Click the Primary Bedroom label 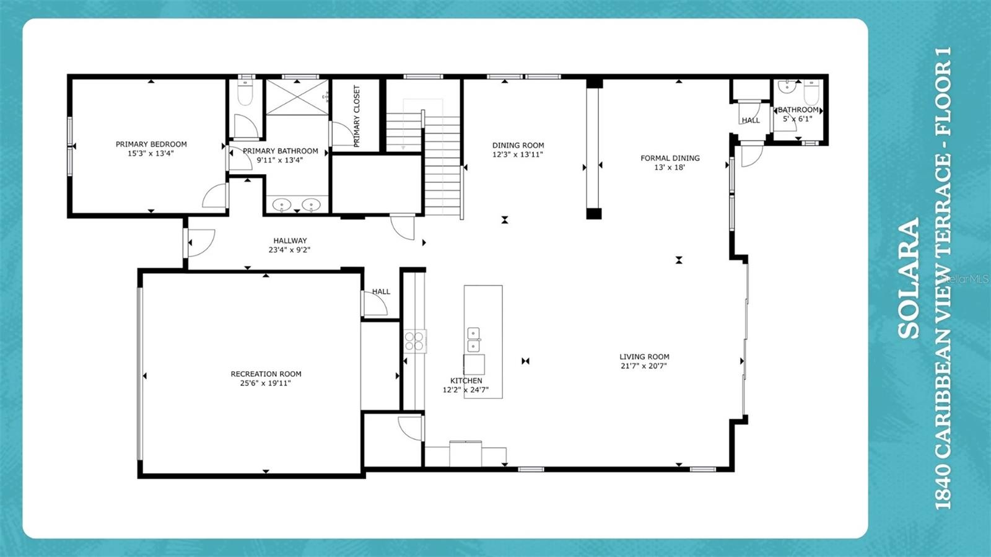pyautogui.click(x=151, y=144)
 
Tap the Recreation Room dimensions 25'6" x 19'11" pyautogui.click(x=266, y=384)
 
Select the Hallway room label pyautogui.click(x=290, y=241)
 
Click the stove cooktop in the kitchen pyautogui.click(x=414, y=341)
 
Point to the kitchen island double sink pyautogui.click(x=473, y=340)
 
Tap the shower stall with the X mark pyautogui.click(x=297, y=97)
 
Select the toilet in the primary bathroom pyautogui.click(x=245, y=93)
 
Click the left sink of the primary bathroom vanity pyautogui.click(x=282, y=204)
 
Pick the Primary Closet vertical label pyautogui.click(x=356, y=116)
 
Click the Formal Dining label pyautogui.click(x=670, y=158)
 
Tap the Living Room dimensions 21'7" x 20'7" pyautogui.click(x=644, y=366)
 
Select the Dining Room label pyautogui.click(x=518, y=146)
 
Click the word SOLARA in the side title pyautogui.click(x=909, y=279)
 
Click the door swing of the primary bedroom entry pyautogui.click(x=214, y=196)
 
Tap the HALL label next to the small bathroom pyautogui.click(x=751, y=120)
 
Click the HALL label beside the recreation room pyautogui.click(x=381, y=291)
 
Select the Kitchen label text pyautogui.click(x=466, y=381)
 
